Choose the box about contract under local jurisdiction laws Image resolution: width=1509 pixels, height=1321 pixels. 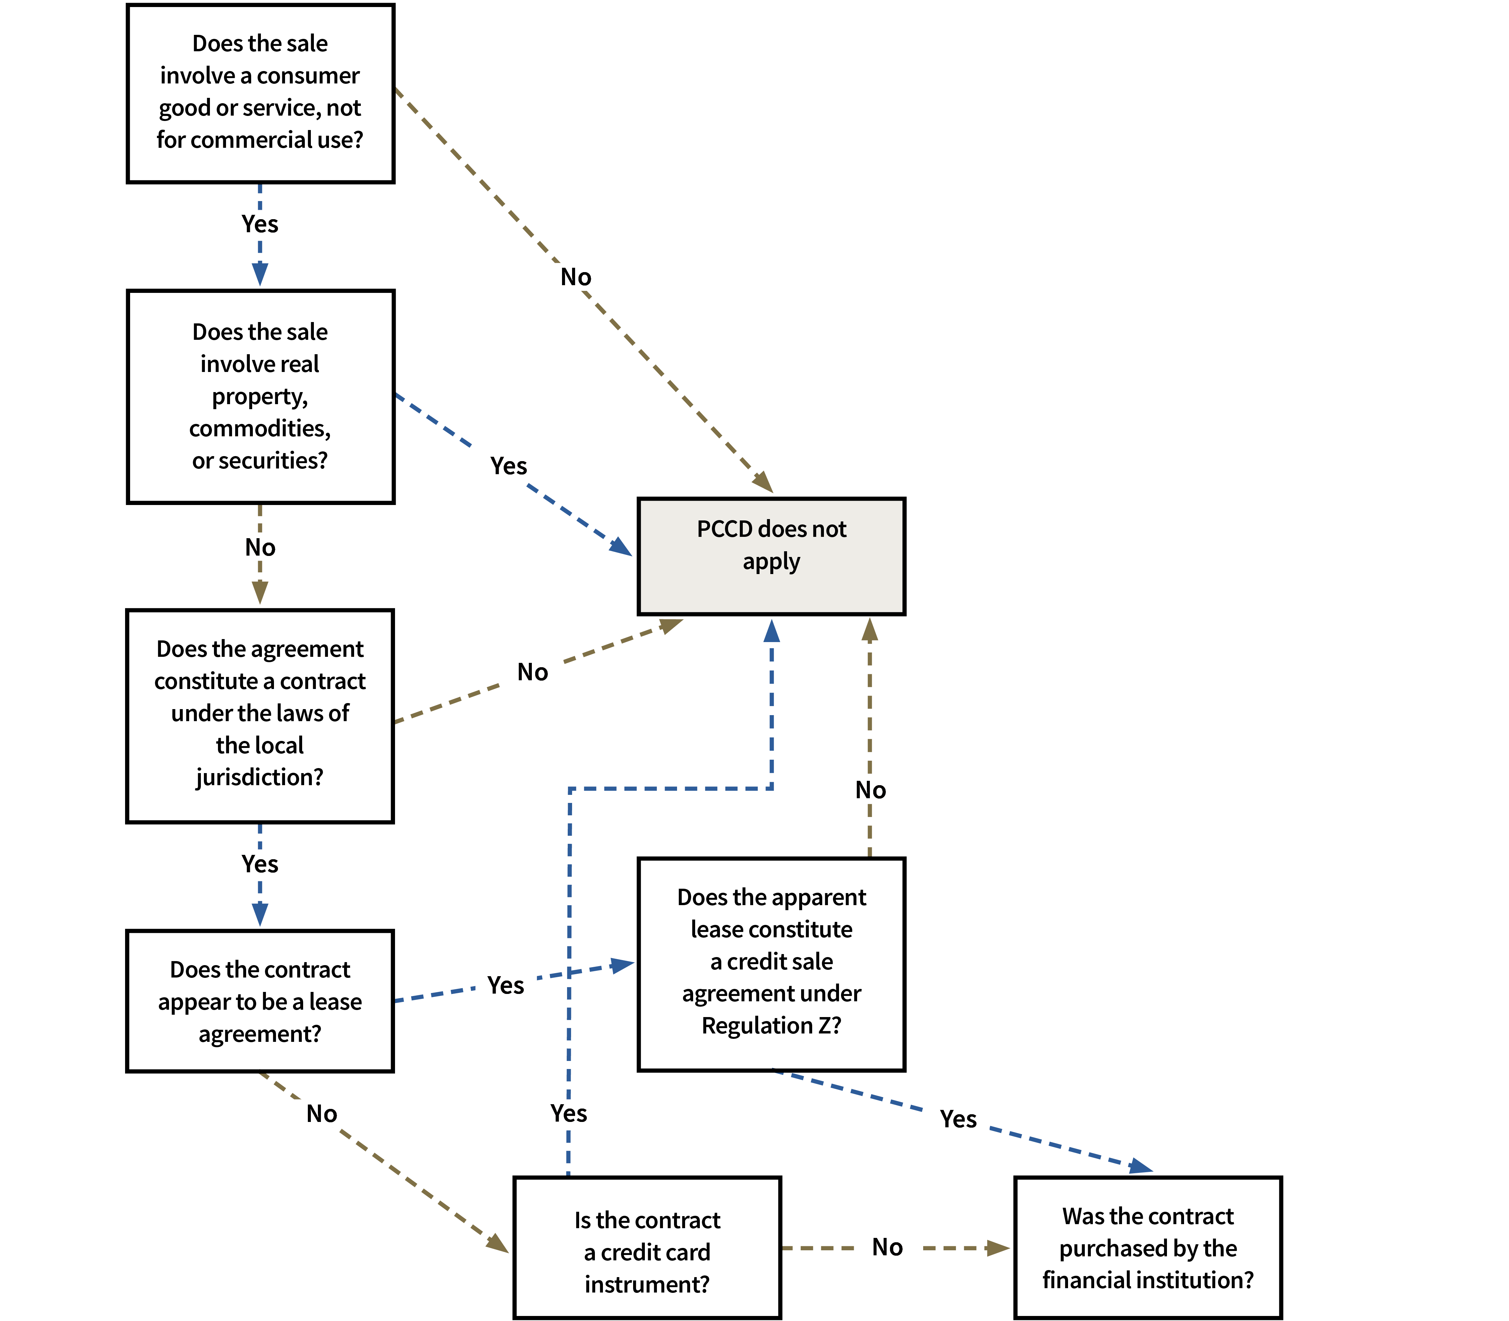click(260, 715)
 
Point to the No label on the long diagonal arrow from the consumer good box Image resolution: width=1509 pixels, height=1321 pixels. click(576, 277)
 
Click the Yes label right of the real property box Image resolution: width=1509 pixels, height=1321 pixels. click(509, 466)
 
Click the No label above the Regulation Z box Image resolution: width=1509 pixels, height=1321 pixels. click(870, 790)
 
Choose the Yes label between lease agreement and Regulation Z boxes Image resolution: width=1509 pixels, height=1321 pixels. click(506, 986)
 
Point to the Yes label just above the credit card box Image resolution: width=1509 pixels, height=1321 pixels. click(569, 1113)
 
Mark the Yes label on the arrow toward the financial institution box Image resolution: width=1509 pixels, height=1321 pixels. click(958, 1119)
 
